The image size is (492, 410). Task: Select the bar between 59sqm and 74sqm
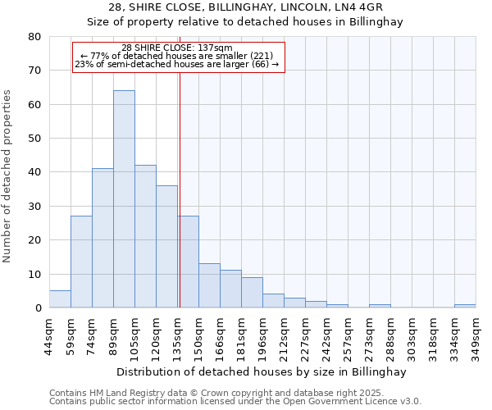81,262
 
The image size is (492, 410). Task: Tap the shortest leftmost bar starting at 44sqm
60,299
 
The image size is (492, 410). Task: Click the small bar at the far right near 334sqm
465,306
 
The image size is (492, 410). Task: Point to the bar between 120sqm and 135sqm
166,246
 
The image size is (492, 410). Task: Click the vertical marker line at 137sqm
180,189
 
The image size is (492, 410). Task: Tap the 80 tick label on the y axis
34,37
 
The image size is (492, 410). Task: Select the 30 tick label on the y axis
34,207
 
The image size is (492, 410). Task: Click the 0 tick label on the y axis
38,308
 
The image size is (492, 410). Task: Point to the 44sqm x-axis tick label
50,332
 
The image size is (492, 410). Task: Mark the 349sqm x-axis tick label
476,332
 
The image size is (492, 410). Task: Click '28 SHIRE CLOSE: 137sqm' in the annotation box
177,48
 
